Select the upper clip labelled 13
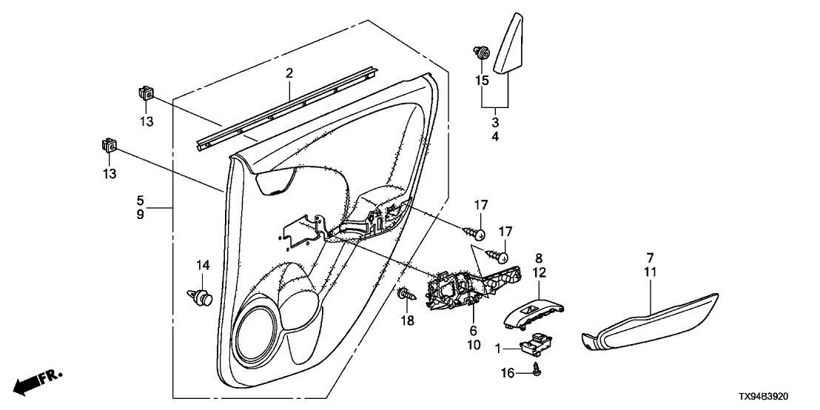(146, 93)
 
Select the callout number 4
(495, 137)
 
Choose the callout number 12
(539, 273)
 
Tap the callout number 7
(650, 258)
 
